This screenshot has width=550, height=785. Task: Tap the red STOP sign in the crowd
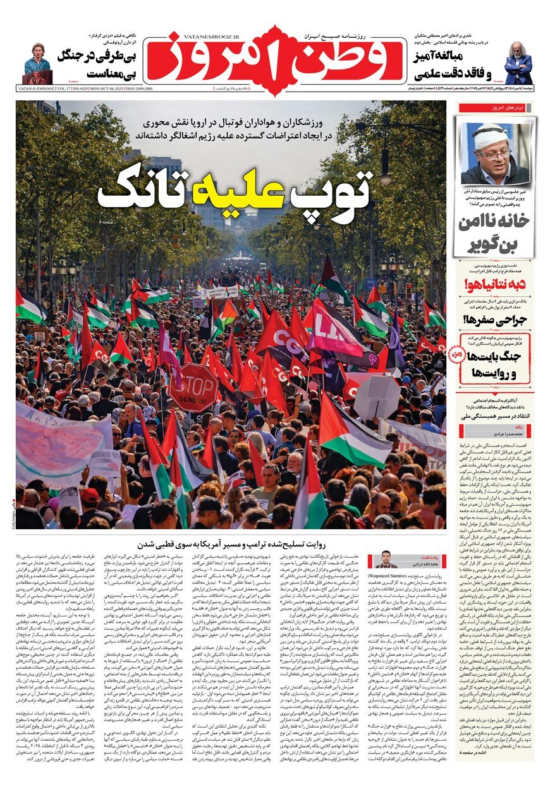click(x=192, y=387)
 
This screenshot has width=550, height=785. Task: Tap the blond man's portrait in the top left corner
click(x=37, y=63)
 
